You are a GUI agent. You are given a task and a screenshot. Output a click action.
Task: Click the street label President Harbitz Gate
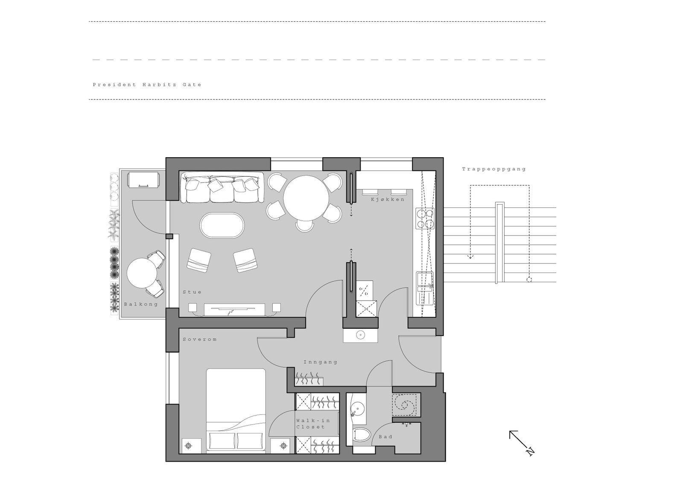(147, 85)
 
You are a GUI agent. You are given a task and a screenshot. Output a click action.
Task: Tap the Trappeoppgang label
(494, 169)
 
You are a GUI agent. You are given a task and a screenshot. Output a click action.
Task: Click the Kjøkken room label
(388, 199)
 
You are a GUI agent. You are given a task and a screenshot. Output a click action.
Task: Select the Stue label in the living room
(192, 292)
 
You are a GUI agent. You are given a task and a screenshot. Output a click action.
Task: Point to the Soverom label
(200, 340)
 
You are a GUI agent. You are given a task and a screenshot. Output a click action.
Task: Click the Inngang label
(321, 362)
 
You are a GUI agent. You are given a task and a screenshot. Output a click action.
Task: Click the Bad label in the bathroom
(385, 437)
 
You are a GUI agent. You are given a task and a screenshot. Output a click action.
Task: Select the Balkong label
(141, 304)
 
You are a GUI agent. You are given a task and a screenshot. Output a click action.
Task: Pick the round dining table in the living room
(306, 198)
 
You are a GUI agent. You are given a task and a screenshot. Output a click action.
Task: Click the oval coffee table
(222, 225)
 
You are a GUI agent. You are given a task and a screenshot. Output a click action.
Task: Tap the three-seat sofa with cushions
(222, 187)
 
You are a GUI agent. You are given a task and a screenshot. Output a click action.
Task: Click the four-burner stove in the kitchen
(425, 218)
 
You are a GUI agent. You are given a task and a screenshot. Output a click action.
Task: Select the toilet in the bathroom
(362, 435)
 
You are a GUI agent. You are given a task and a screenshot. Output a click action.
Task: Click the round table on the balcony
(142, 273)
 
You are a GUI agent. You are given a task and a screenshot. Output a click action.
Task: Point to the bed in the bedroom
(236, 410)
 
